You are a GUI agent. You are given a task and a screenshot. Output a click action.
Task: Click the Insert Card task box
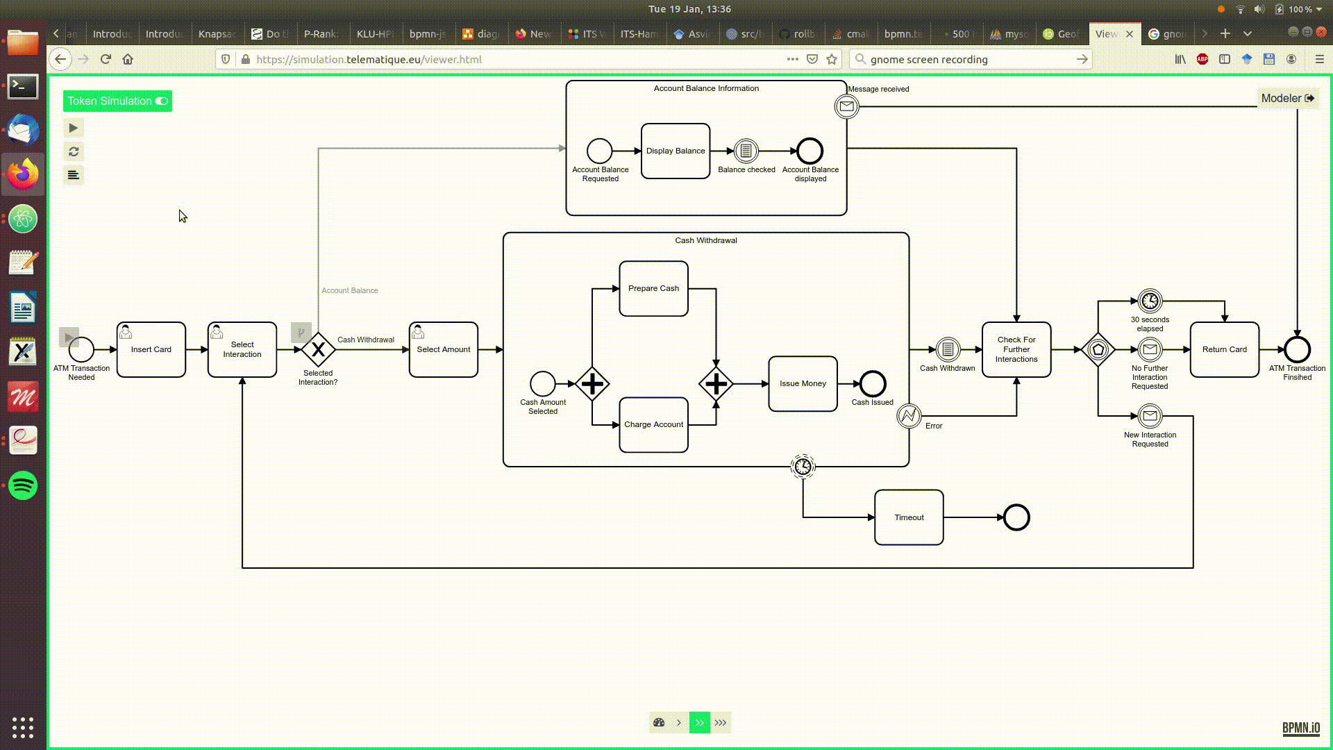click(151, 349)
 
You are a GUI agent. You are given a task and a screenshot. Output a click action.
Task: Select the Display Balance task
click(675, 151)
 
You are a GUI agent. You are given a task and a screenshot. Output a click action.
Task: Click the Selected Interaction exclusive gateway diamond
click(318, 349)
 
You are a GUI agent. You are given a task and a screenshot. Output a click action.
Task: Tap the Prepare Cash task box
click(653, 288)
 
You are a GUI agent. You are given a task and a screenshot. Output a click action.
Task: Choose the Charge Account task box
click(653, 424)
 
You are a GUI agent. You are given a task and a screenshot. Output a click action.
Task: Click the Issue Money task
click(803, 383)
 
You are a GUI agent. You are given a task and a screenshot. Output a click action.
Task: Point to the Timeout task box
click(909, 517)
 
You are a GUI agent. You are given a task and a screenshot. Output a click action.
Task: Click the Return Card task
click(1224, 349)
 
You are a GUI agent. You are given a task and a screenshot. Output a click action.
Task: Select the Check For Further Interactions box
click(1016, 349)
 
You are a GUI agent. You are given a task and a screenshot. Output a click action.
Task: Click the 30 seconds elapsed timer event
click(1150, 301)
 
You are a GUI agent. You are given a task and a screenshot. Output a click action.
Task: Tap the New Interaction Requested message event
click(1150, 416)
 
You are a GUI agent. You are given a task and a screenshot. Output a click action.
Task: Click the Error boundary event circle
click(908, 416)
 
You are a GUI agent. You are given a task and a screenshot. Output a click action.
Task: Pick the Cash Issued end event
click(872, 383)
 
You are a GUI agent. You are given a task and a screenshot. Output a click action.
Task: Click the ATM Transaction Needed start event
click(81, 349)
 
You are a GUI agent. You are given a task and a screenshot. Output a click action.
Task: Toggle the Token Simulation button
click(117, 101)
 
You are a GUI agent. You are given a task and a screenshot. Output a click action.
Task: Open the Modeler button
click(1287, 99)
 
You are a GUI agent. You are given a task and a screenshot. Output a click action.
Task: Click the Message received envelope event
click(846, 106)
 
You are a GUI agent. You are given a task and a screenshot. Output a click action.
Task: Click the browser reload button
click(106, 59)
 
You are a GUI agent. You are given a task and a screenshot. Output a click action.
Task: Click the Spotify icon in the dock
click(23, 485)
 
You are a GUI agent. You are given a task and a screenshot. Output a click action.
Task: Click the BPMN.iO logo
click(1300, 727)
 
